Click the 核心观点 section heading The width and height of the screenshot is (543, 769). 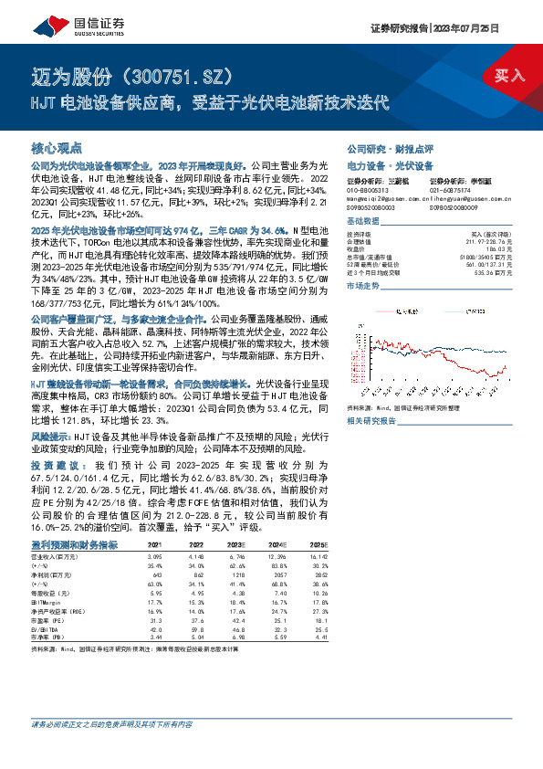[57, 147]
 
